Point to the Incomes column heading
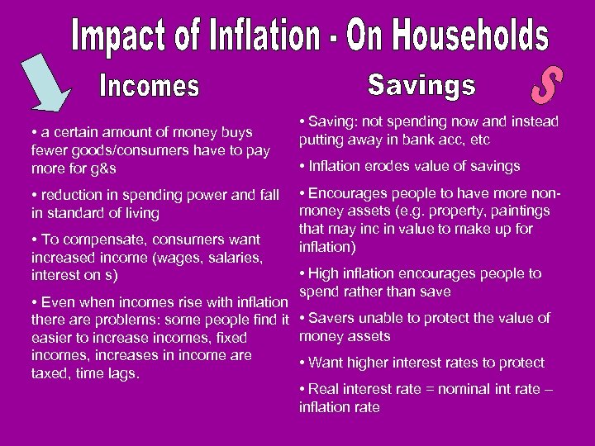click(x=150, y=85)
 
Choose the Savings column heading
click(x=421, y=84)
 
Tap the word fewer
click(x=50, y=150)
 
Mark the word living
click(x=137, y=214)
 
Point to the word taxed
click(x=50, y=373)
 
